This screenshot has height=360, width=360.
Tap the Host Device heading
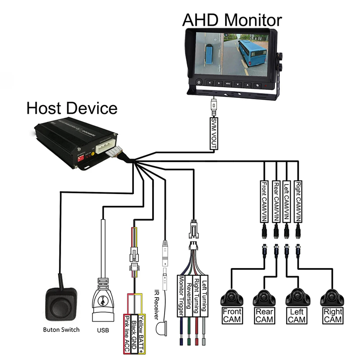(x=72, y=108)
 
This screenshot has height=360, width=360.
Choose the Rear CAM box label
(x=265, y=315)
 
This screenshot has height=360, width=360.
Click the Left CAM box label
(x=297, y=315)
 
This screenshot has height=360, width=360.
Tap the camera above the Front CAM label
(x=232, y=297)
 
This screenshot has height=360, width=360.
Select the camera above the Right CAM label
(x=332, y=297)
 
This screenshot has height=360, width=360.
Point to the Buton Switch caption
(x=61, y=329)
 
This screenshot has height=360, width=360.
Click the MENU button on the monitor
(x=228, y=83)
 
